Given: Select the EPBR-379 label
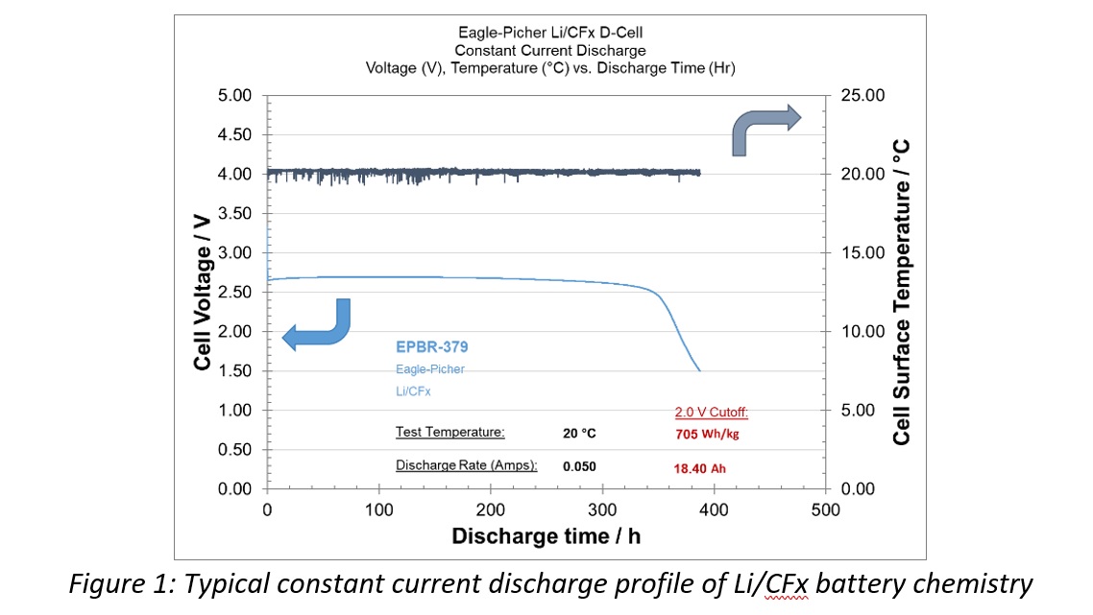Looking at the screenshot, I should [431, 347].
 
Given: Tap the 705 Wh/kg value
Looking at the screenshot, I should [706, 433].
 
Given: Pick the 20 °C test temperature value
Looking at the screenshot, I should [579, 433].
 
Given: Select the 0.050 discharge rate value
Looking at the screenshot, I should [579, 465].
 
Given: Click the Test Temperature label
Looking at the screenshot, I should [449, 432].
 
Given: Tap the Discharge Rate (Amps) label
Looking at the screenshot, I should [466, 465].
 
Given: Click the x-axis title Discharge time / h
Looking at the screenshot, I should [546, 535].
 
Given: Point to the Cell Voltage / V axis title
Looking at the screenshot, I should [203, 307].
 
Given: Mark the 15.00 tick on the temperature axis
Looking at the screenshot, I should [863, 253].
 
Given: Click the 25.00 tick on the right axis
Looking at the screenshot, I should [863, 96].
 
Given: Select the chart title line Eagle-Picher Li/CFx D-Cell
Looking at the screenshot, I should [550, 32].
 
